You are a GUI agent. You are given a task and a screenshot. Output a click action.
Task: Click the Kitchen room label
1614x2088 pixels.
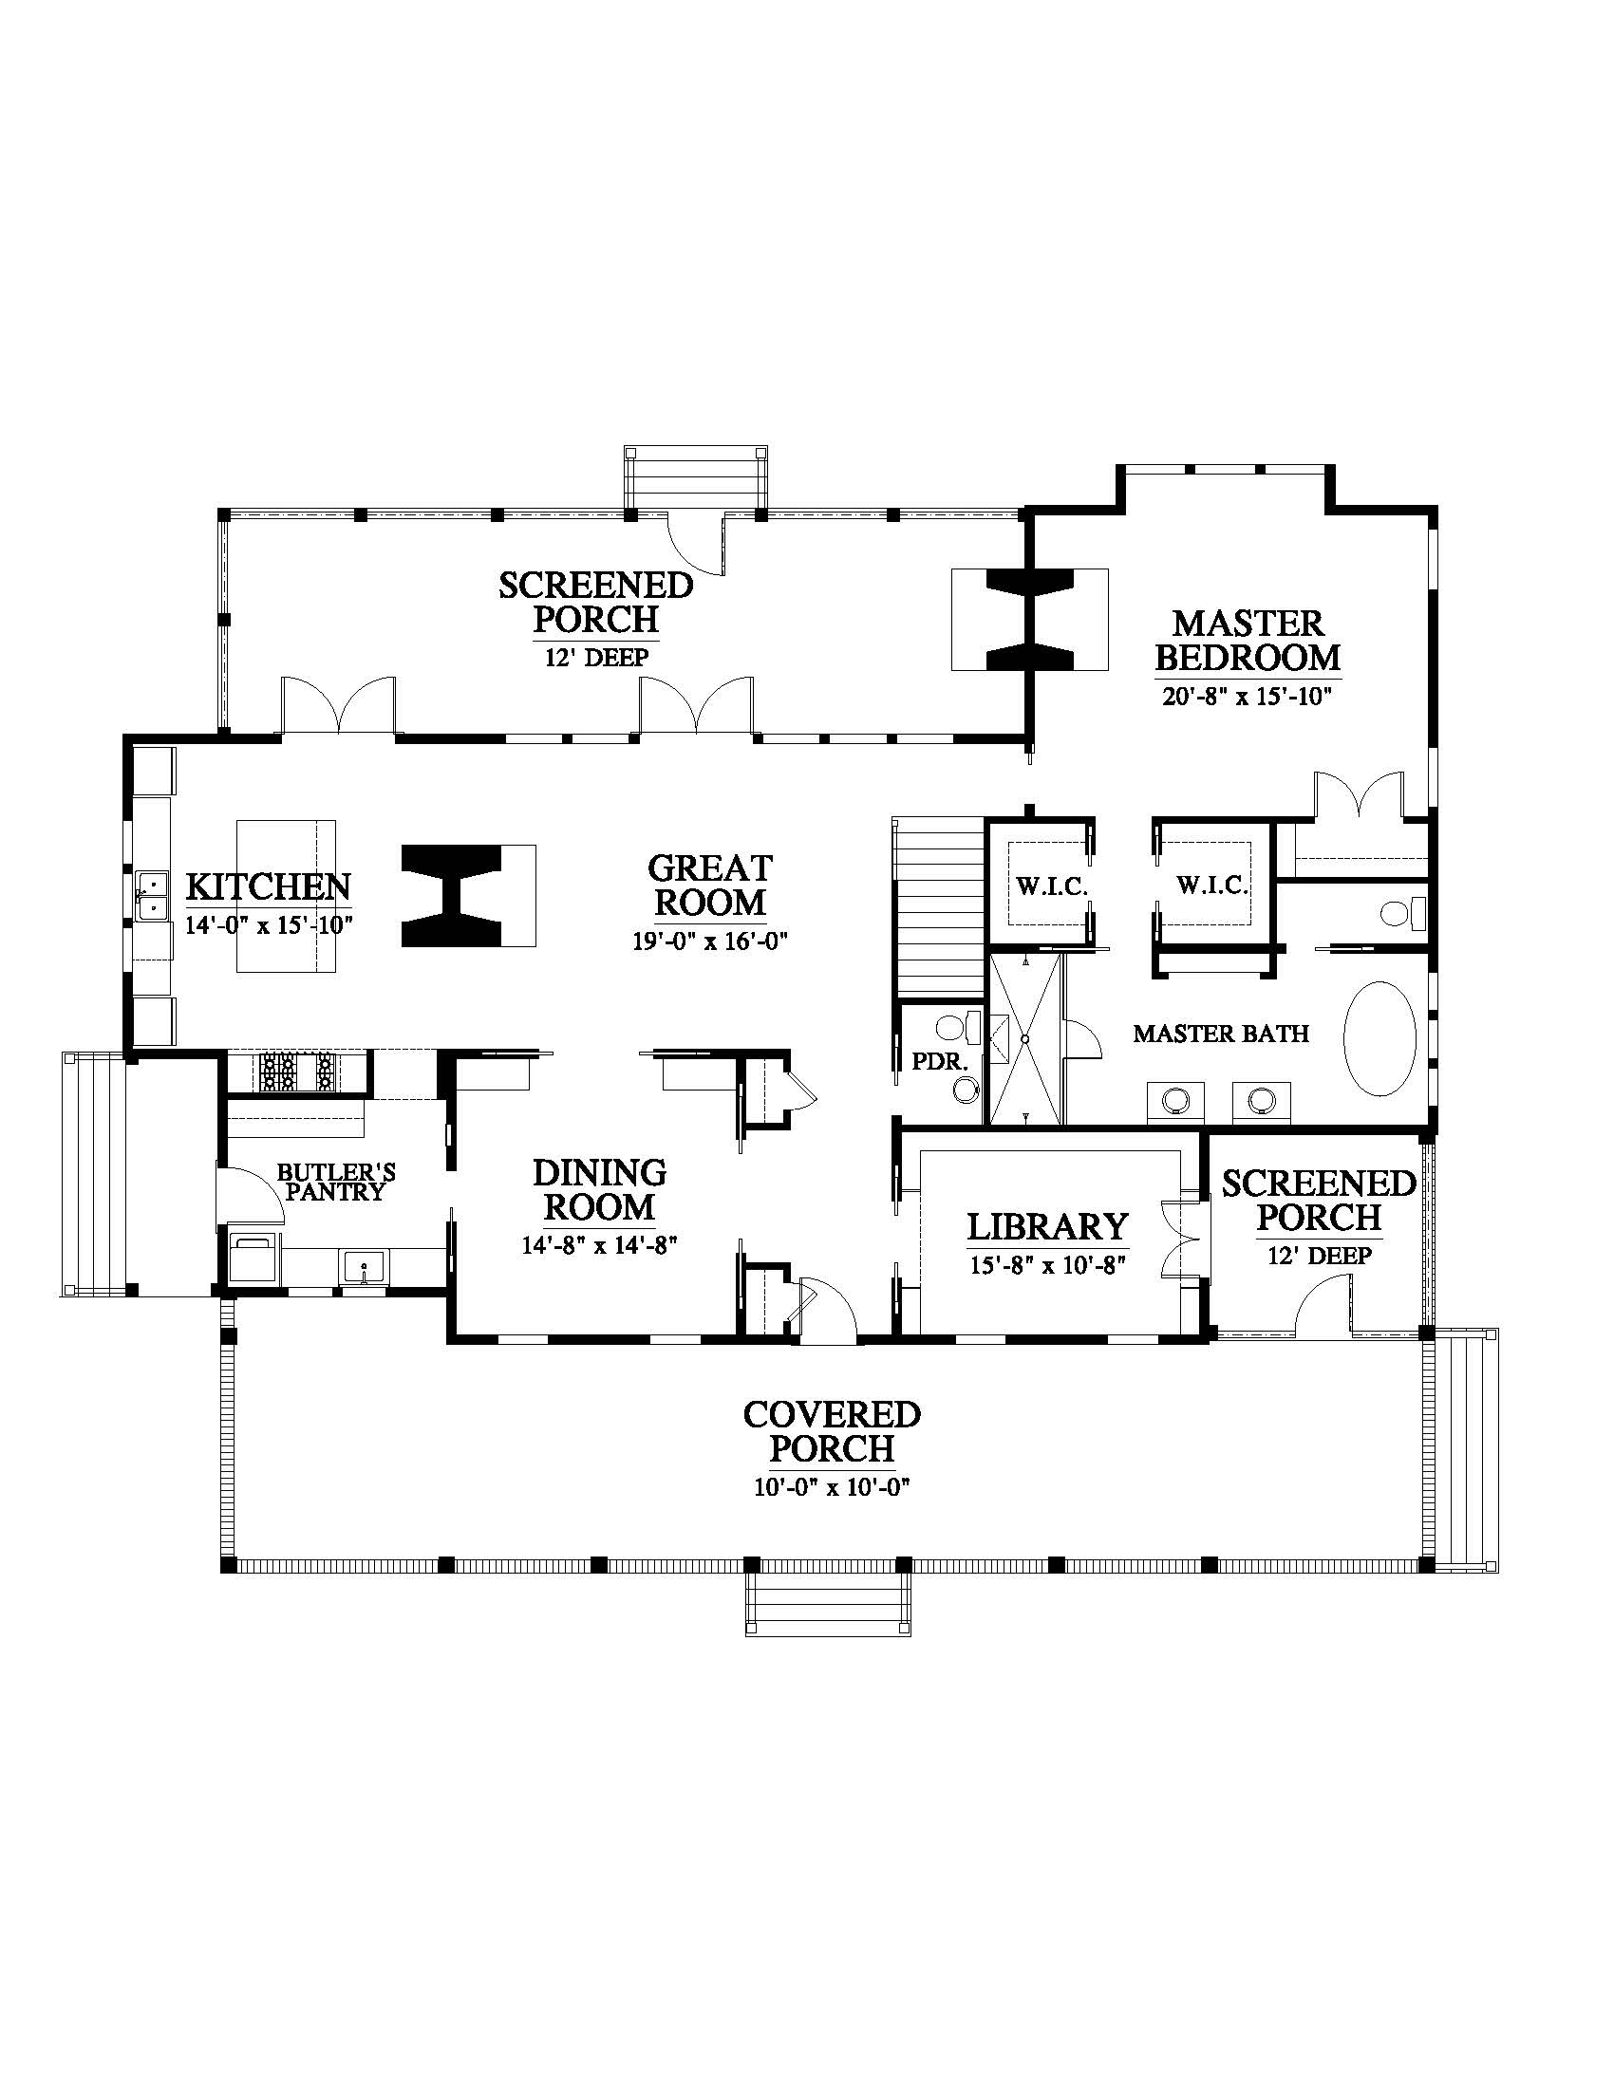(268, 886)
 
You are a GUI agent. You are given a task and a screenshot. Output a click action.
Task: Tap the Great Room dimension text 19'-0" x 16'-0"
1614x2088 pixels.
(709, 941)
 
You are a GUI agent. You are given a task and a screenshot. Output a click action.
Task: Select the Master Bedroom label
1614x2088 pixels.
(1248, 641)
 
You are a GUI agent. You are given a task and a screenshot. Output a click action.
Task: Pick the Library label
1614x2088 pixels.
(1048, 1225)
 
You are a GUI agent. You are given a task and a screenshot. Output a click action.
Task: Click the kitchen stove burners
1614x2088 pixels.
(297, 1071)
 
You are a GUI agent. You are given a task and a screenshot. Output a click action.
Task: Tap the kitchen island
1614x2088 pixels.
(286, 896)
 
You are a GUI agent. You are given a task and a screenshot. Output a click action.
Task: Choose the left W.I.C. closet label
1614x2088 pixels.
(1052, 886)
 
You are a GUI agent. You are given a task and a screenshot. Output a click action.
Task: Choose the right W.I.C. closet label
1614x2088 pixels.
(1212, 886)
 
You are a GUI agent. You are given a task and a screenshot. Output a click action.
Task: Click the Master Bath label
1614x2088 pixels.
(1221, 1033)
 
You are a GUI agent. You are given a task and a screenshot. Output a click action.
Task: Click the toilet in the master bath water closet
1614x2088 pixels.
(1401, 913)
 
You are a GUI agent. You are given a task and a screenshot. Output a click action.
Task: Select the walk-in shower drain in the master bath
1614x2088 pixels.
(1024, 1038)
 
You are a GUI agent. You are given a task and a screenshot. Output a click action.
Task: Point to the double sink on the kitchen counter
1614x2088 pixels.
(152, 895)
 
